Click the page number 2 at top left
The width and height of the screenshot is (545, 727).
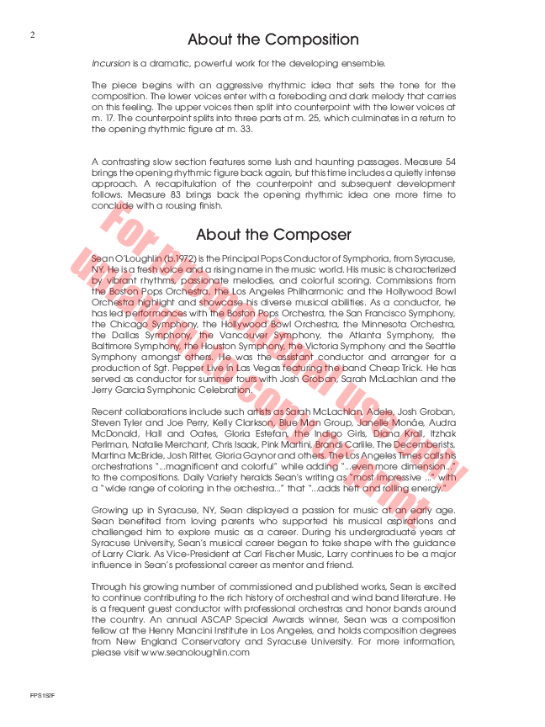point(32,34)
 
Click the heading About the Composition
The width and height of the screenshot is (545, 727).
point(272,40)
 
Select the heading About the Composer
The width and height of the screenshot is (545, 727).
point(273,234)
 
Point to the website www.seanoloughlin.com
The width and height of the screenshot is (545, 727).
point(196,652)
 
